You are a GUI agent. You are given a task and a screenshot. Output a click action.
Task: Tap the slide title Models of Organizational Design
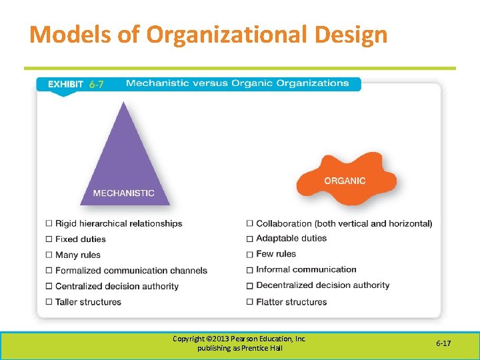point(208,34)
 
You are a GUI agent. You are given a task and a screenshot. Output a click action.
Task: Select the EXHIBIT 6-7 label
point(75,84)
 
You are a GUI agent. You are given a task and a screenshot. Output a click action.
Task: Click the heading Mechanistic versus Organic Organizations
point(237,83)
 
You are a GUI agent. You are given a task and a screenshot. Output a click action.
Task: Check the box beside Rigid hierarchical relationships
point(49,223)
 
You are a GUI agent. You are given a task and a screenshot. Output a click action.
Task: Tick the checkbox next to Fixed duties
point(49,239)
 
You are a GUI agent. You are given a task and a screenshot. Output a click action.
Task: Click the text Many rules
point(77,255)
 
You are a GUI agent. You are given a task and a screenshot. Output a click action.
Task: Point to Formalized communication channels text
point(131,270)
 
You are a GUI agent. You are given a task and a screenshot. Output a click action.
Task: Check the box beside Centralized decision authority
point(49,286)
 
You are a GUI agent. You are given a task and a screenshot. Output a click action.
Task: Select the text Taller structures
point(88,301)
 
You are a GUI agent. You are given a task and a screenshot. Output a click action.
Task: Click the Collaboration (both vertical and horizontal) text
point(344,223)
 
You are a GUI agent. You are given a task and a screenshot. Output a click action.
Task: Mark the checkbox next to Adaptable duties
point(250,239)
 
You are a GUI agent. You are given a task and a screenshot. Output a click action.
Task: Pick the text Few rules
point(276,254)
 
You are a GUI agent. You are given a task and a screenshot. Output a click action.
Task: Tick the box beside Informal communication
point(250,270)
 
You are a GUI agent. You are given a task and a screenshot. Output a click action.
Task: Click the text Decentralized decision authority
point(323,285)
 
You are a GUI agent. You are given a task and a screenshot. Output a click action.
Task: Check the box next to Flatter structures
point(250,302)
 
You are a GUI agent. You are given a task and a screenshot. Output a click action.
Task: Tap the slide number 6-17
point(443,343)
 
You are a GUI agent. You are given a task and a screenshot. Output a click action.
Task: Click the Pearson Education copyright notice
point(239,343)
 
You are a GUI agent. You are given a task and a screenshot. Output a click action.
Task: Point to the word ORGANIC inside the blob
point(345,181)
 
